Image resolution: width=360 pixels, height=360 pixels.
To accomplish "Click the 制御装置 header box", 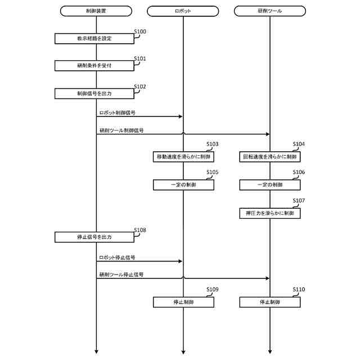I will (96, 11).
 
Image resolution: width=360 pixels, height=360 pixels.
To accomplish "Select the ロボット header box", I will (183, 11).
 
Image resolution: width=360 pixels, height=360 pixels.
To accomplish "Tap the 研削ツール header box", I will (269, 11).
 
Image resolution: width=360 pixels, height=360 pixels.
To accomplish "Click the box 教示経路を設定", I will (94, 38).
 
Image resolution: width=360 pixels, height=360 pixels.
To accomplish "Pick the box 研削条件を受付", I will (94, 66).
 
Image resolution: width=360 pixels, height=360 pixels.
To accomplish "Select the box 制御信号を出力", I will (94, 93).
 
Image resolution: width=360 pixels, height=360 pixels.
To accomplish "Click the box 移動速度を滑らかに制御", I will (183, 156).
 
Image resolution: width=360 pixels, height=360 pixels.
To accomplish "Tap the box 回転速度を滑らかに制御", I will (269, 156).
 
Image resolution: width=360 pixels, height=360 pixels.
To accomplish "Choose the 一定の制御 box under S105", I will (183, 184).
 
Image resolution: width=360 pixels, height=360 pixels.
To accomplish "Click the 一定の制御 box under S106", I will (269, 184).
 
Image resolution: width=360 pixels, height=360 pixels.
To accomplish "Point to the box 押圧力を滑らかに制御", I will (269, 213).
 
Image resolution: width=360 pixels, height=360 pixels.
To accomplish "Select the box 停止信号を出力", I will (94, 237).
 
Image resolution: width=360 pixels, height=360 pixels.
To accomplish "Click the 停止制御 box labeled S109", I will (183, 302).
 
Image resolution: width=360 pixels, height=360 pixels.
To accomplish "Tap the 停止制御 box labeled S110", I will (269, 302).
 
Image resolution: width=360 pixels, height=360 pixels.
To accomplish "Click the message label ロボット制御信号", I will (116, 112).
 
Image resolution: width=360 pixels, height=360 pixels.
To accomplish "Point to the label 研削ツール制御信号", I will (121, 130).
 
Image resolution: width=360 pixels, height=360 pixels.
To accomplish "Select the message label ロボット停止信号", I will (116, 257).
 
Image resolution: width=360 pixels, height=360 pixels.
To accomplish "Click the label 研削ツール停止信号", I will (121, 274).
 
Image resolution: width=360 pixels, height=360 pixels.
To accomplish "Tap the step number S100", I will (140, 31).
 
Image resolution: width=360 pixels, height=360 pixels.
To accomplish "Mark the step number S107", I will (299, 201).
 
